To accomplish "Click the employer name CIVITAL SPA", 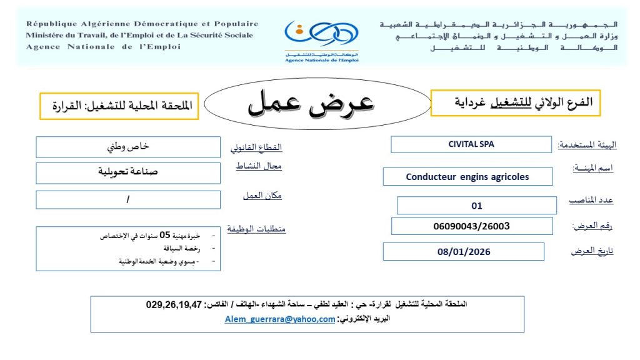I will (471, 144).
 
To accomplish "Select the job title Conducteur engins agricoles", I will (467, 177).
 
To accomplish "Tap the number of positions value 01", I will (477, 206).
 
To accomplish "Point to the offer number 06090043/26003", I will (471, 226).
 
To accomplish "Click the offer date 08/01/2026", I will (464, 252).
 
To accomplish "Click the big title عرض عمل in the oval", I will (311, 104).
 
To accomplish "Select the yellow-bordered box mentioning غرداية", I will (516, 103).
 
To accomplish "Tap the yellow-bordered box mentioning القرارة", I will (119, 106).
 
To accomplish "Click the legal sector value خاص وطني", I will (129, 147).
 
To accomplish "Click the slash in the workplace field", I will (128, 199).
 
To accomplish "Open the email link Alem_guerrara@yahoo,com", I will (280, 319).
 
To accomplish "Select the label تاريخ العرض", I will (592, 251).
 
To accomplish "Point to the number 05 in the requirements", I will (165, 236).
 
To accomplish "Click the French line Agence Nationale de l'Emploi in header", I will (103, 47).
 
